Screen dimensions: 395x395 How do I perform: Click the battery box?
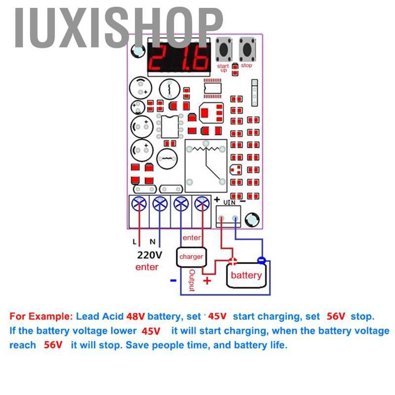pyautogui.click(x=246, y=275)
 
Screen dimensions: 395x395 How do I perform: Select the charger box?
pyautogui.click(x=191, y=257)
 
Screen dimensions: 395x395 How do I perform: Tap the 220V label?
pyautogui.click(x=149, y=255)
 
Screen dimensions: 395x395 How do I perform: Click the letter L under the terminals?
pyautogui.click(x=134, y=242)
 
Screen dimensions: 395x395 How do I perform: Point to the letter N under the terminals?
pyautogui.click(x=153, y=242)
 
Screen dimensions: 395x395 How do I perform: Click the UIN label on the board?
pyautogui.click(x=230, y=201)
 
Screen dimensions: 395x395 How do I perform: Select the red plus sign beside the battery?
pyautogui.click(x=207, y=281)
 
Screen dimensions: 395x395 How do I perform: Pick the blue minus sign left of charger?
pyautogui.click(x=173, y=280)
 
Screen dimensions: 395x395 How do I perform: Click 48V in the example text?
pyautogui.click(x=136, y=316)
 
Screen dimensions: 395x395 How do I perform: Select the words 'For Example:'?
pyautogui.click(x=41, y=316)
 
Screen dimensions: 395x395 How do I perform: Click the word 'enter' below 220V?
pyautogui.click(x=147, y=267)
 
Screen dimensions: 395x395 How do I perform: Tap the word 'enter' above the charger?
pyautogui.click(x=192, y=238)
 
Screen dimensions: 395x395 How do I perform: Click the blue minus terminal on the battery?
pyautogui.click(x=262, y=260)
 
